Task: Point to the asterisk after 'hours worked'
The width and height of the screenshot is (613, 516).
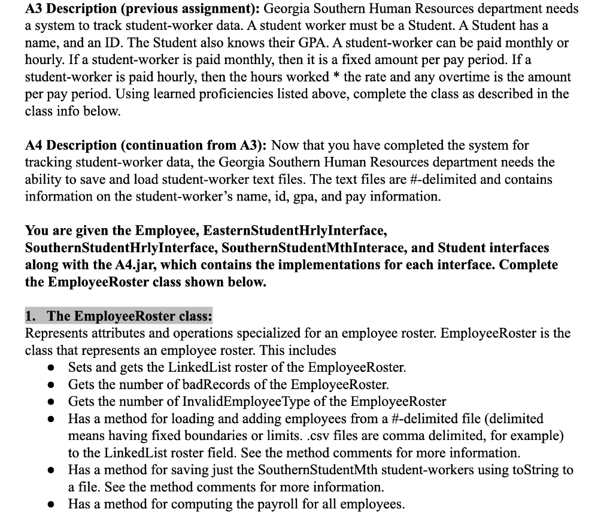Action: tap(335, 77)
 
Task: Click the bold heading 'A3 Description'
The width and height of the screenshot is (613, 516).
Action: tap(87, 9)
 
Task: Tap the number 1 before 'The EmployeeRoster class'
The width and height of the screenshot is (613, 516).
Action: tap(30, 315)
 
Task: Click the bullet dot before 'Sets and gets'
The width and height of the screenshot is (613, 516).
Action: tap(53, 367)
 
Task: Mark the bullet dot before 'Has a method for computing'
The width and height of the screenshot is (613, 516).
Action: tap(53, 504)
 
